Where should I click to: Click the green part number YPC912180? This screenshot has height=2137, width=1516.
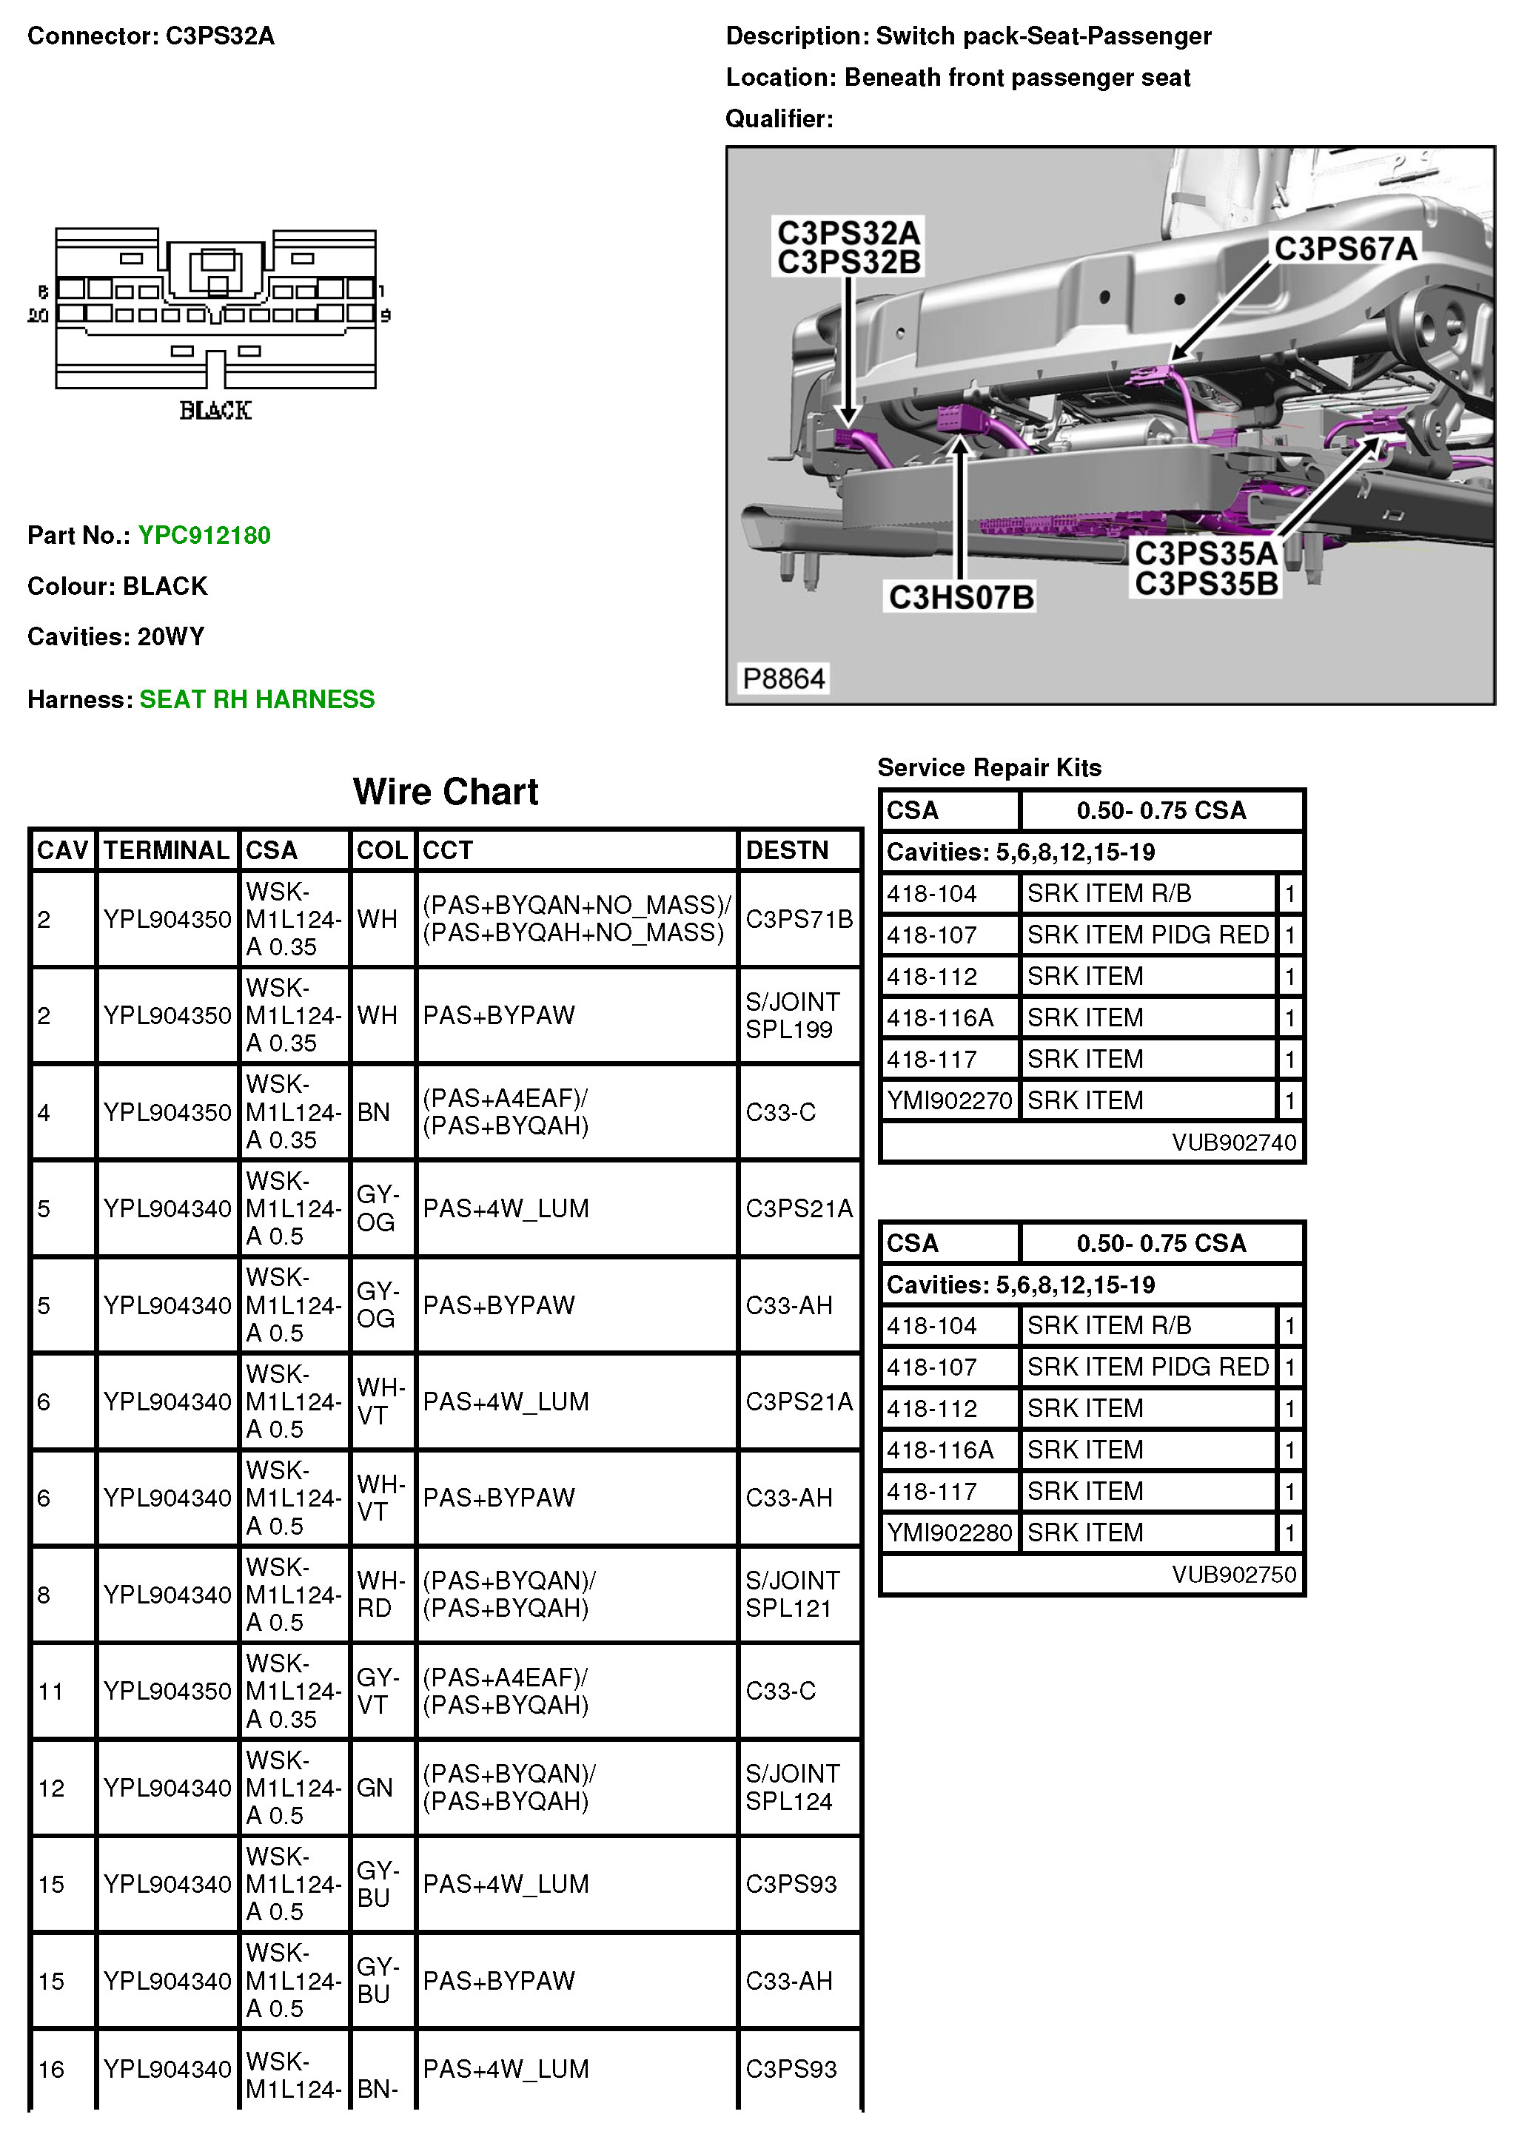pos(204,535)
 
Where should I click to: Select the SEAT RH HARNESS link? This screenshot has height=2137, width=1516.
pos(257,699)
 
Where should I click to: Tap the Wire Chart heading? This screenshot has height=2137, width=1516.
pos(446,791)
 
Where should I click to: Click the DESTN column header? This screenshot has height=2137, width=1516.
pos(787,850)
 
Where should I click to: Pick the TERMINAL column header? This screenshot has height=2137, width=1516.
pos(166,850)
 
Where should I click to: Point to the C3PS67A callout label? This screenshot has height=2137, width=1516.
pos(1345,248)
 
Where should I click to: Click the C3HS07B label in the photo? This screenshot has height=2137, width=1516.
pos(961,596)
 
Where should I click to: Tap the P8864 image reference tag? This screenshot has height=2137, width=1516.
pos(783,679)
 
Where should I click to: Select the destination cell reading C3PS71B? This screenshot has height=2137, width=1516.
pos(799,919)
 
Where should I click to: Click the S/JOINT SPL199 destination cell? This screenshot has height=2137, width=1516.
pos(791,1015)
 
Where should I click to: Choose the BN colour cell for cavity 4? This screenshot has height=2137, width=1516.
pos(373,1112)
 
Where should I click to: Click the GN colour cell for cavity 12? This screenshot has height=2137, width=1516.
pos(375,1787)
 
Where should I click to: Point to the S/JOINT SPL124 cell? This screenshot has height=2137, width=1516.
pos(791,1787)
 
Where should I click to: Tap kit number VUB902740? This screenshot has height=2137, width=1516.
pos(1234,1142)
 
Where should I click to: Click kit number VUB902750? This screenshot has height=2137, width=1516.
pos(1234,1575)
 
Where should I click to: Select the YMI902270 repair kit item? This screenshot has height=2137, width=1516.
pos(950,1100)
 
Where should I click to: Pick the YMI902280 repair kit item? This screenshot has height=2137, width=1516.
pos(950,1532)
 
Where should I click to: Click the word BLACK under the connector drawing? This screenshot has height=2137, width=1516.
pos(215,411)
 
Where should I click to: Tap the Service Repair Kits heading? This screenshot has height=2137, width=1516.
pos(988,767)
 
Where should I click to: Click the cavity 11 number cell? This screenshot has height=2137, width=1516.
pos(50,1691)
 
